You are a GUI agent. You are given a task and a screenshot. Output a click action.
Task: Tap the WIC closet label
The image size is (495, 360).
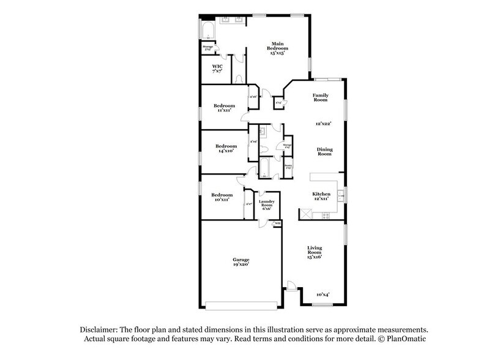coord(217,69)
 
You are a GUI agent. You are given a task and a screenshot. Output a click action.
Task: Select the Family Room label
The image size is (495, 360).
coord(321,98)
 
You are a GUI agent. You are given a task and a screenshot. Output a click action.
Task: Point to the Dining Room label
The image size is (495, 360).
coord(324,151)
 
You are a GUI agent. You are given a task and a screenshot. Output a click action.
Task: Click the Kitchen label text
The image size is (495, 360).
coord(322,194)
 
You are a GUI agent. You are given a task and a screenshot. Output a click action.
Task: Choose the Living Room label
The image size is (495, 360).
coord(314,250)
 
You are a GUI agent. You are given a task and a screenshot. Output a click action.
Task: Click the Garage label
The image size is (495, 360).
coord(240,261)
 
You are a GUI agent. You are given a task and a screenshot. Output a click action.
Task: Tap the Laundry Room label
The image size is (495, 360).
coord(266,204)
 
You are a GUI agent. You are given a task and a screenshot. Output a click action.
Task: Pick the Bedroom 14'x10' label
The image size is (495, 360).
coord(226,148)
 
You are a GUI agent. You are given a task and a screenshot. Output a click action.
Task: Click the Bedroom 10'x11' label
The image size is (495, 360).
coord(222,197)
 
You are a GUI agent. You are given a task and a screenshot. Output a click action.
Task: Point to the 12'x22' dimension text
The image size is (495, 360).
coord(323,124)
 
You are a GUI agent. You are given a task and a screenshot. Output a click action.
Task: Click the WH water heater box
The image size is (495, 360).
coord(277,223)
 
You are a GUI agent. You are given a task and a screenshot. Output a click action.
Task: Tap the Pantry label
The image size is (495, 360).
coord(287,166)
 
